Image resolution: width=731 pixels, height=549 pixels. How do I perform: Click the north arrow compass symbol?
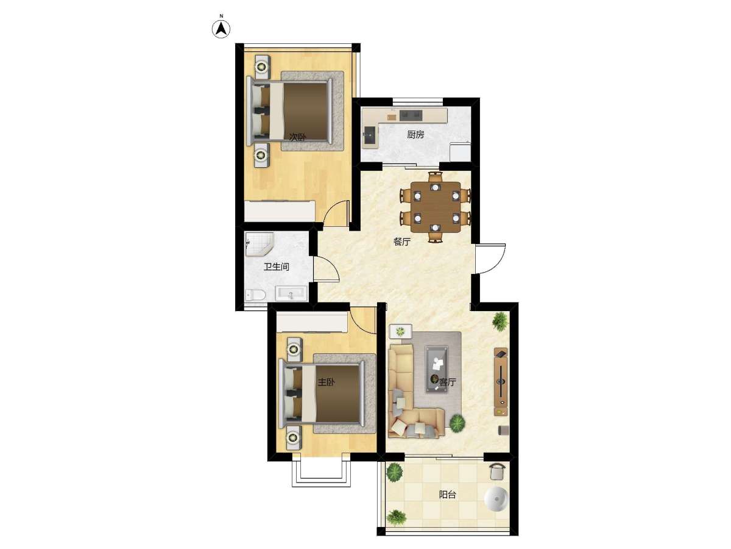(x=221, y=29)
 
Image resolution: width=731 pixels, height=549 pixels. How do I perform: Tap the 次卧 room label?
(x=297, y=137)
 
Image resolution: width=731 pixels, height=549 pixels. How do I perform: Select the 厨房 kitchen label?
(x=415, y=134)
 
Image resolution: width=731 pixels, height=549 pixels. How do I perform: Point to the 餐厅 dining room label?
(x=401, y=242)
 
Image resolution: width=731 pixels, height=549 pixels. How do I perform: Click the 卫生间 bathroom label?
(x=276, y=267)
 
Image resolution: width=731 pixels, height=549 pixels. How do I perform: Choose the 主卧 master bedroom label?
(x=326, y=382)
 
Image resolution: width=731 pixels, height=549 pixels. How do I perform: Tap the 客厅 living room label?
(x=447, y=382)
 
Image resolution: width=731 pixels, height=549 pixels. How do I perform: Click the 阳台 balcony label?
(x=447, y=494)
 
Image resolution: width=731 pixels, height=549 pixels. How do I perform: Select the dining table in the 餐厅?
(x=436, y=207)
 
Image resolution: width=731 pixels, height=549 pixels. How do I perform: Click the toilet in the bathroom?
(x=255, y=295)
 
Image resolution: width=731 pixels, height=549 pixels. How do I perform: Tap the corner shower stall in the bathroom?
(x=259, y=245)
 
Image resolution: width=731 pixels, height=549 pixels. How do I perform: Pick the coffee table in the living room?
(x=436, y=369)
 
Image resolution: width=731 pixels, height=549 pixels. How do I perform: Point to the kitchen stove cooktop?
(x=411, y=115)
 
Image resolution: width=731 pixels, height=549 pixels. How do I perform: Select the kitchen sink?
(x=369, y=135)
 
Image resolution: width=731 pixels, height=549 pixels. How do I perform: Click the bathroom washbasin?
(x=291, y=293)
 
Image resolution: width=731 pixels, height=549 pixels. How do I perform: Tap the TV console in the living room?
(x=501, y=382)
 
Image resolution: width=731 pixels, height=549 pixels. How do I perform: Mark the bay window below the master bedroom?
(x=321, y=474)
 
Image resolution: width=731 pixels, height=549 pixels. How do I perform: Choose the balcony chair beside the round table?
(x=498, y=472)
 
